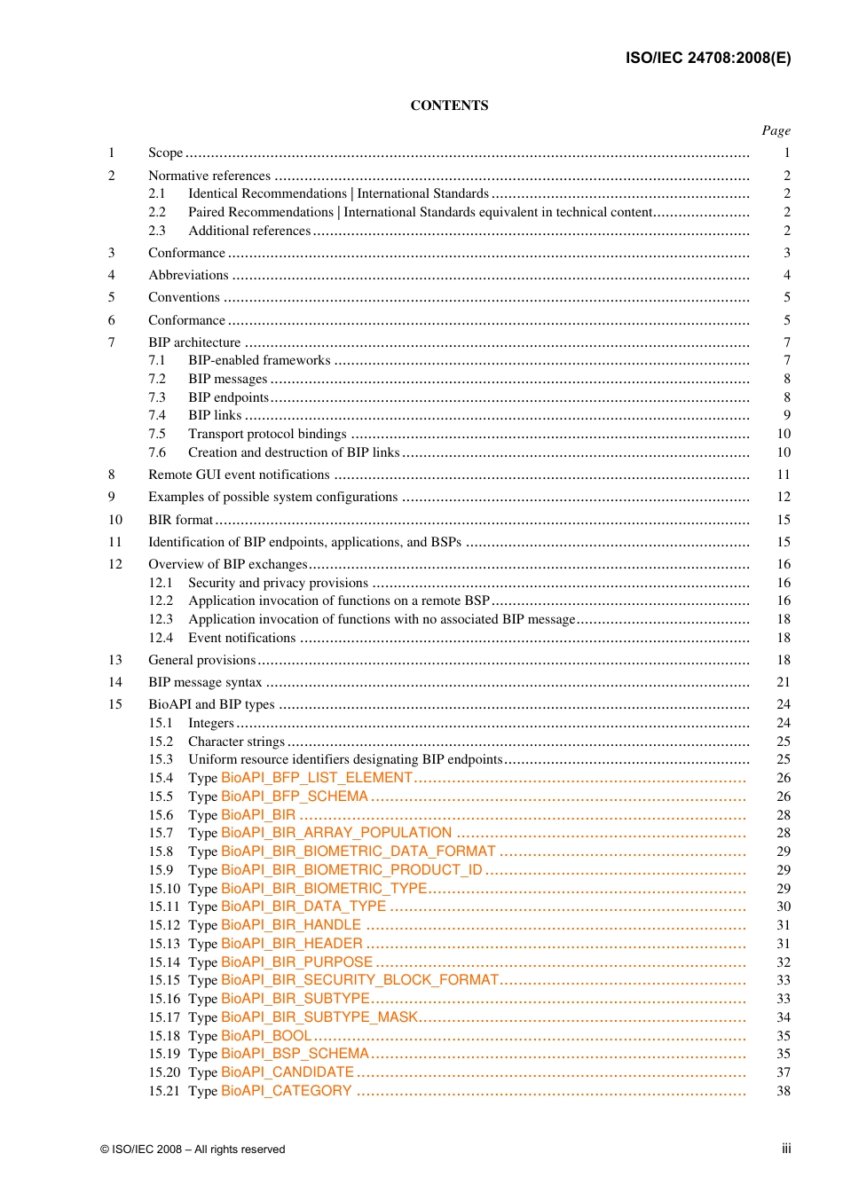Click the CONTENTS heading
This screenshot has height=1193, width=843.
(x=449, y=106)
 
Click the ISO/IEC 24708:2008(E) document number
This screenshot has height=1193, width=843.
(x=707, y=59)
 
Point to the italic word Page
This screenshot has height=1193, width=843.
(x=776, y=130)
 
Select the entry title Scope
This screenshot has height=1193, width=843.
(x=165, y=153)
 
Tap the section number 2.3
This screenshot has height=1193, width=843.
(x=157, y=231)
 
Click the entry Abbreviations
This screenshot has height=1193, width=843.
(x=188, y=275)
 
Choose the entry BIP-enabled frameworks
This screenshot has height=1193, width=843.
(x=259, y=360)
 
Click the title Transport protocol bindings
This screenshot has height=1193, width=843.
(x=267, y=434)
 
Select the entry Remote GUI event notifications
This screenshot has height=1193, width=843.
(x=239, y=475)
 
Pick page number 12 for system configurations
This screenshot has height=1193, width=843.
(x=784, y=497)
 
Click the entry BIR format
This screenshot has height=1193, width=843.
(x=180, y=520)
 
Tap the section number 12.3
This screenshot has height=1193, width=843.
(x=161, y=619)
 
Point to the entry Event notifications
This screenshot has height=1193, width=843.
(x=241, y=638)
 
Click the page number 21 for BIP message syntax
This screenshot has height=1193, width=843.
(x=784, y=682)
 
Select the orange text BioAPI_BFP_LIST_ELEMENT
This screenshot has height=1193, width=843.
(x=317, y=778)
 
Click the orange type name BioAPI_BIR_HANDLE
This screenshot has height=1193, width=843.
(x=291, y=925)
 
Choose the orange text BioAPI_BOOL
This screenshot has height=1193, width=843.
(x=266, y=1036)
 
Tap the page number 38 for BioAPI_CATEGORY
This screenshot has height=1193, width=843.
(x=784, y=1091)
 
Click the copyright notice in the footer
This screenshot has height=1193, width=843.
(x=193, y=1150)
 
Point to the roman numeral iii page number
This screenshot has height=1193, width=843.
(x=786, y=1149)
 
